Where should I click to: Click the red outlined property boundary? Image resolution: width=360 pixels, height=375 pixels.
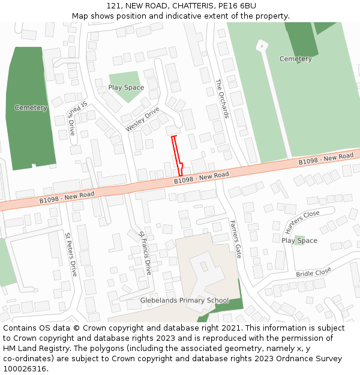pyautogui.click(x=176, y=155)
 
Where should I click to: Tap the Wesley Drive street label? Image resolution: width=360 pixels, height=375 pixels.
pyautogui.click(x=142, y=119)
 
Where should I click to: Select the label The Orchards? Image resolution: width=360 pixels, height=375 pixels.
pyautogui.click(x=222, y=98)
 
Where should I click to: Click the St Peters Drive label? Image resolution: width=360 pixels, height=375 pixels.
pyautogui.click(x=71, y=254)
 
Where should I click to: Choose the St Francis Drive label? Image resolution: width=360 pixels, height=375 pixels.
pyautogui.click(x=145, y=253)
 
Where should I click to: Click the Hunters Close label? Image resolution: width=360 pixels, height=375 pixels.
pyautogui.click(x=302, y=222)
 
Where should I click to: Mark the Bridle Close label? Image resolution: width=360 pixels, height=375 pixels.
pyautogui.click(x=313, y=272)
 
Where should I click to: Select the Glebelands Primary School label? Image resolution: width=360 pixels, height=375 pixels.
pyautogui.click(x=184, y=301)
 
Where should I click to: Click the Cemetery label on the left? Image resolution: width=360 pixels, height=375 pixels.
pyautogui.click(x=31, y=108)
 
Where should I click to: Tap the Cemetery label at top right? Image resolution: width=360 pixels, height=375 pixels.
pyautogui.click(x=296, y=59)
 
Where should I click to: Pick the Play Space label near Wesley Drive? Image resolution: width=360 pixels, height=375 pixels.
pyautogui.click(x=126, y=88)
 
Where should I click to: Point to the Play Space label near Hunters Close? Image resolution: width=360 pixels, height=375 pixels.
pyautogui.click(x=299, y=241)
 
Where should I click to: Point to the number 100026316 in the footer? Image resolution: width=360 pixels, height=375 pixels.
pyautogui.click(x=25, y=368)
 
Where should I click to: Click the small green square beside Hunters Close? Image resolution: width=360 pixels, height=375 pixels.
pyautogui.click(x=299, y=241)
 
